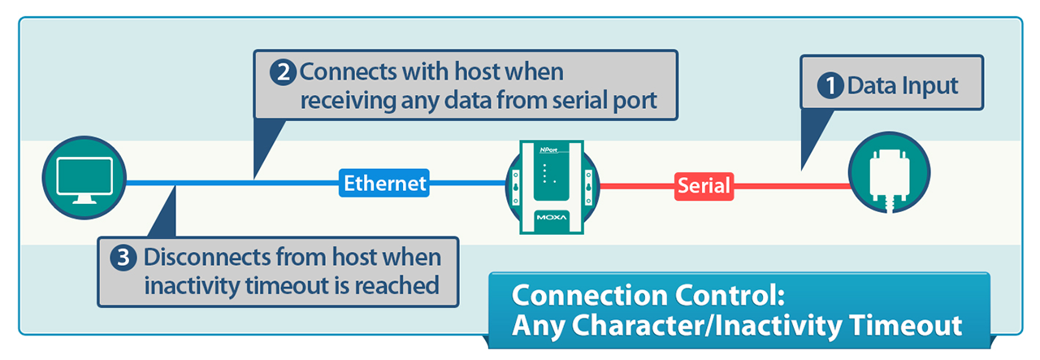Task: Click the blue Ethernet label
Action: click(384, 183)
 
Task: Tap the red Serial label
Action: click(704, 186)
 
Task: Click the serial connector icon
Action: click(890, 179)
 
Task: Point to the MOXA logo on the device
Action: click(552, 218)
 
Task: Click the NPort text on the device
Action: click(548, 150)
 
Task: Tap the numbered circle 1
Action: click(830, 85)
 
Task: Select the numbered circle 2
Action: click(284, 72)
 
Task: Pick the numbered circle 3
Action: click(123, 258)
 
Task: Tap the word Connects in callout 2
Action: click(349, 72)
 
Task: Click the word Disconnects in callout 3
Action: click(207, 257)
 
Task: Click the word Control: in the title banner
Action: click(730, 295)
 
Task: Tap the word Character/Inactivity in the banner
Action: click(707, 326)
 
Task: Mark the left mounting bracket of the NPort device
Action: click(515, 187)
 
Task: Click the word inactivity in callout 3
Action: click(193, 286)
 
